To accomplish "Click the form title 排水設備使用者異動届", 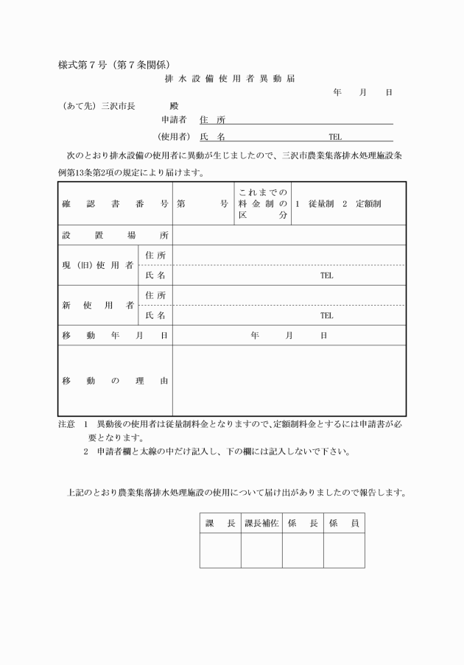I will point(231,78).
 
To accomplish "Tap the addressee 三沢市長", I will point(118,106).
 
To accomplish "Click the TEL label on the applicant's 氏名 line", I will point(335,136).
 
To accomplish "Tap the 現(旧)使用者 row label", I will point(97,265).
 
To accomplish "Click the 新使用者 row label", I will point(97,305).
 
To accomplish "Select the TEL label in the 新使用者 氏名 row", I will point(326,315).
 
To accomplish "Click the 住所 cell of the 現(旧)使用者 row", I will point(155,255).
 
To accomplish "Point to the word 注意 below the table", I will point(66,425).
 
